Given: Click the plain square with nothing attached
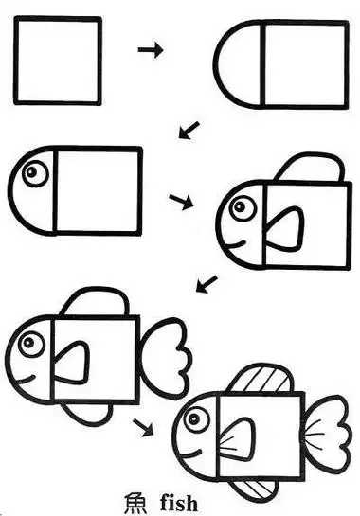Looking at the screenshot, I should click(57, 61).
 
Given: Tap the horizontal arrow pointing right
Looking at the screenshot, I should click(150, 49).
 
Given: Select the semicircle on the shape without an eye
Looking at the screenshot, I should click(238, 65).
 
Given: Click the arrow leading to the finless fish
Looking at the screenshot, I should click(189, 129).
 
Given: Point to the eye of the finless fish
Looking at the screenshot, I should click(37, 173).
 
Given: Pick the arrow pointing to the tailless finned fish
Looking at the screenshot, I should click(181, 200).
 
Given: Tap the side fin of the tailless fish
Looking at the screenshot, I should click(285, 230).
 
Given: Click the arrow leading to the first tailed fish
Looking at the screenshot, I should click(206, 283).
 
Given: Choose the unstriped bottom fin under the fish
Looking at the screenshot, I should click(89, 413).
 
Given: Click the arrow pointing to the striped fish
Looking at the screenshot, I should click(143, 427).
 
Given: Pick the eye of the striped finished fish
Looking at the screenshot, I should click(197, 418).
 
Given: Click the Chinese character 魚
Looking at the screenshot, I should click(138, 502).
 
